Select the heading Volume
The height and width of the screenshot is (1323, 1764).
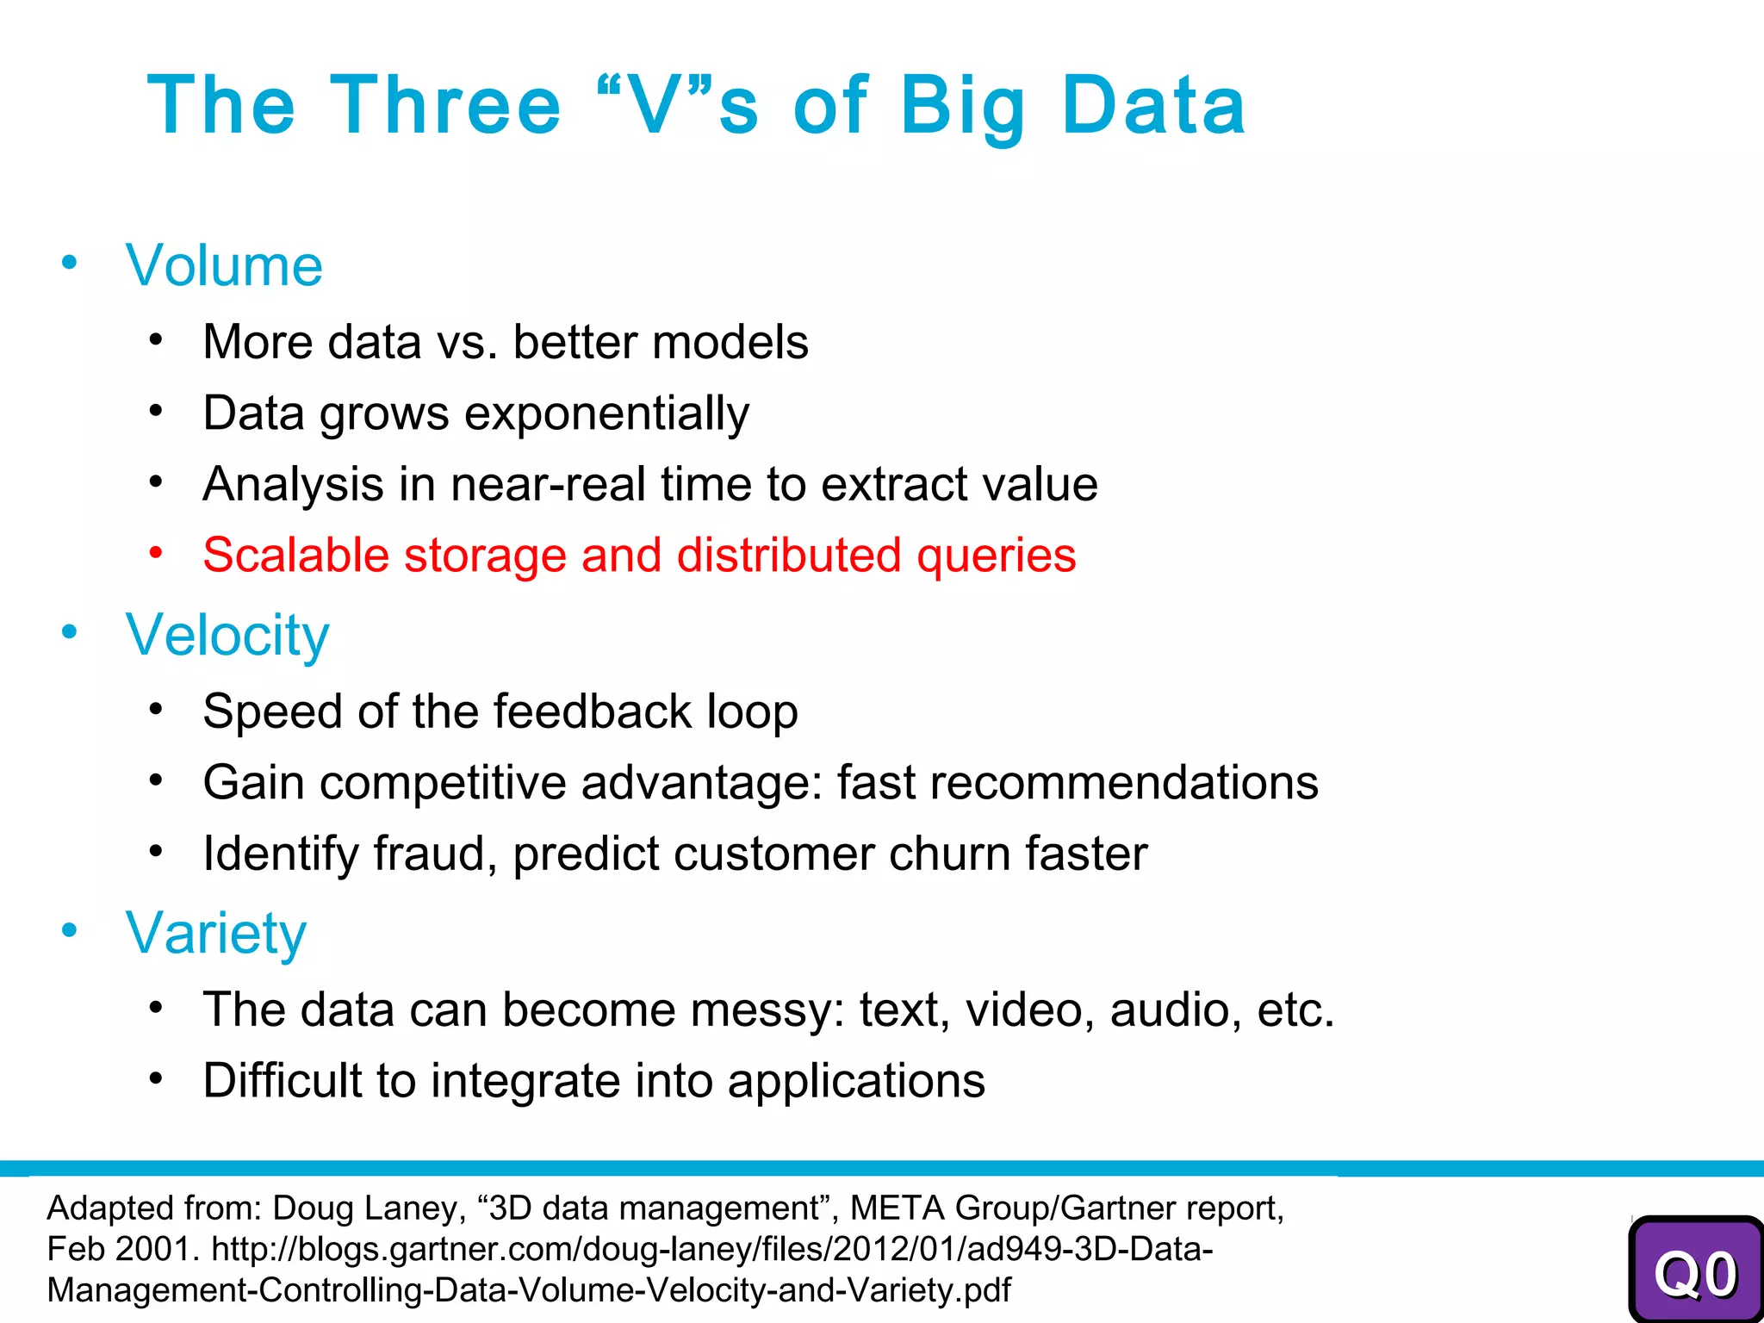[224, 265]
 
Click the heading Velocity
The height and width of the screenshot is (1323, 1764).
[227, 635]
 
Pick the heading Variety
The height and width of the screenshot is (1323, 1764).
[215, 933]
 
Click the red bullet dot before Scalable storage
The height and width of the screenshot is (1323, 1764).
[155, 552]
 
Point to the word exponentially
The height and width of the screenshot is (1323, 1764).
[607, 413]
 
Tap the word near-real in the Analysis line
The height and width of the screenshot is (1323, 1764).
[548, 484]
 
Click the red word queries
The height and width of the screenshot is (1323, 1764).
[996, 556]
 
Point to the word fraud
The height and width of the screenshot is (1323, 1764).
[435, 854]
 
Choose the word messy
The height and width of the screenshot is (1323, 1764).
[760, 1010]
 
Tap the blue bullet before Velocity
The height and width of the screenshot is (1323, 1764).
[69, 632]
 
